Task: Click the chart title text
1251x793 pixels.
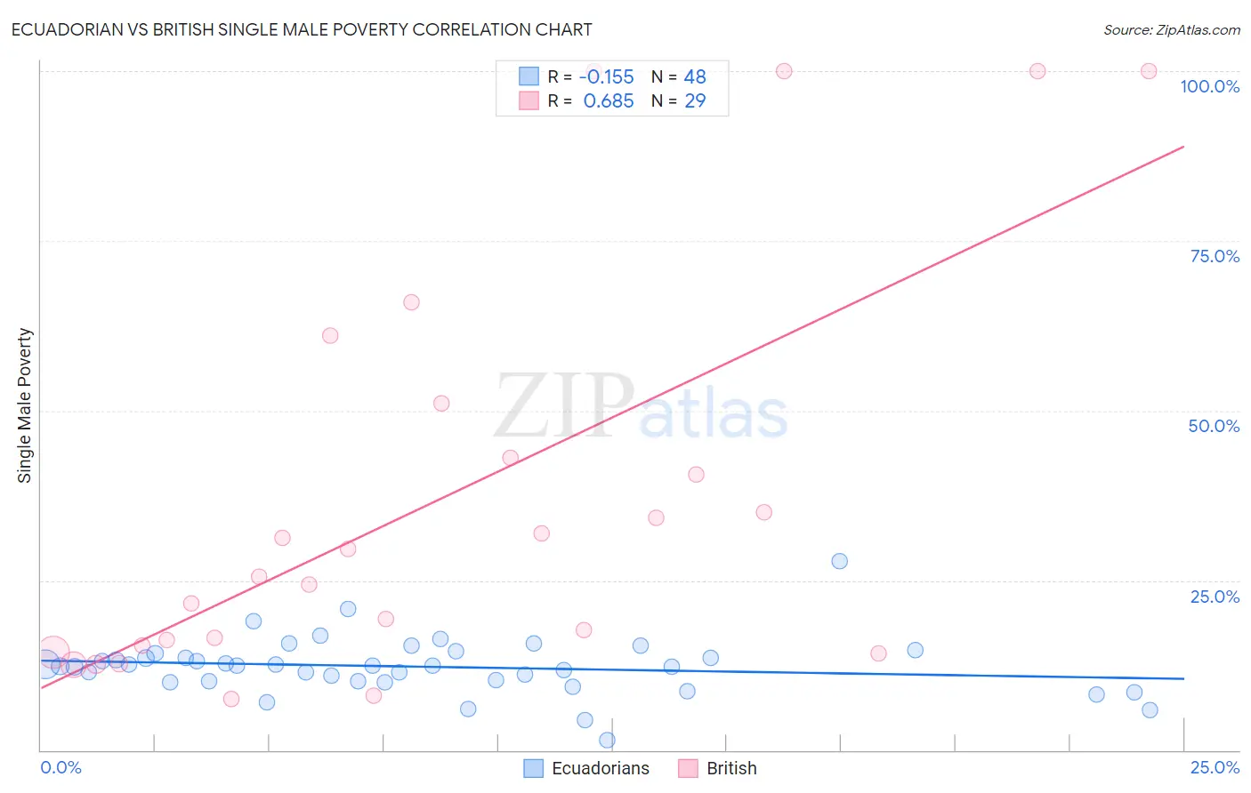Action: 302,29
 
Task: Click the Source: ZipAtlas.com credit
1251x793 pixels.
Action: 1171,30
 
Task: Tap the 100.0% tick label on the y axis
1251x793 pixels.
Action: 1209,86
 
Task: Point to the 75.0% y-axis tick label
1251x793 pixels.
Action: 1215,256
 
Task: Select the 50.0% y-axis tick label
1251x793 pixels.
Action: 1214,426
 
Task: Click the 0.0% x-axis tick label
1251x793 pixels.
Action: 61,767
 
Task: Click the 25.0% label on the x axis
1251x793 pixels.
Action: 1215,767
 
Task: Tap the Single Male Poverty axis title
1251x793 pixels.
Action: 25,405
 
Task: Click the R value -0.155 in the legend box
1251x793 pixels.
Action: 606,77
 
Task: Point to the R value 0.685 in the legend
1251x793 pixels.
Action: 609,101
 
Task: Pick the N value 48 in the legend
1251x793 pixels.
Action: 695,77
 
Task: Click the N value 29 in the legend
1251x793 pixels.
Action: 695,101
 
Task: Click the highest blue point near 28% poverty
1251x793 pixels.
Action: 839,561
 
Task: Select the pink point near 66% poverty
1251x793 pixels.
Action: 411,302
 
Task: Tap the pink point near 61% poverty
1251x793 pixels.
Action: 330,335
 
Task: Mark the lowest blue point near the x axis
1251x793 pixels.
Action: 607,740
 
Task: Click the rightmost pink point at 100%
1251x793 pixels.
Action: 1149,71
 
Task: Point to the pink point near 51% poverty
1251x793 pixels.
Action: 441,403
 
